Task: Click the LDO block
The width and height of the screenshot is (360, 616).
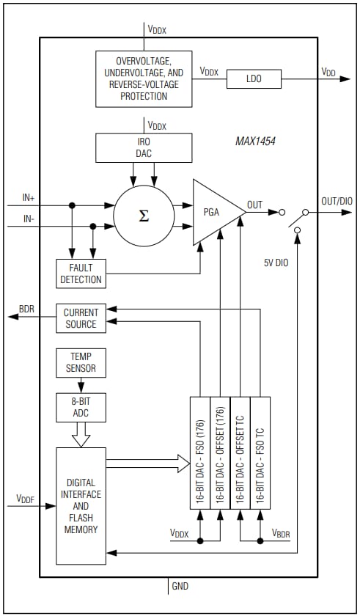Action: tap(254, 77)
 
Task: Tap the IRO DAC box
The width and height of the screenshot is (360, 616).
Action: tap(144, 147)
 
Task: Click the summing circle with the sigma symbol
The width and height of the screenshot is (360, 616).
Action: tap(144, 216)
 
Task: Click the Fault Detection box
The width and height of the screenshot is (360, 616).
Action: tap(81, 273)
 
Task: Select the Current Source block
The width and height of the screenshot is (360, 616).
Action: tap(81, 318)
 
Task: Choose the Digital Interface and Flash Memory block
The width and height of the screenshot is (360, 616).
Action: tap(81, 506)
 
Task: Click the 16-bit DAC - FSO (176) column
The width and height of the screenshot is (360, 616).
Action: tap(199, 452)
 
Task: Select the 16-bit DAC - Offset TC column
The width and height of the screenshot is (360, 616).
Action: tap(240, 452)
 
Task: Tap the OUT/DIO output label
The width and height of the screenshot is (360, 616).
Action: tap(337, 201)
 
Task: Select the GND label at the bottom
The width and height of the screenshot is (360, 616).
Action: tap(180, 587)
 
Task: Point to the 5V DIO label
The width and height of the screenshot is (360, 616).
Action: tap(278, 262)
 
